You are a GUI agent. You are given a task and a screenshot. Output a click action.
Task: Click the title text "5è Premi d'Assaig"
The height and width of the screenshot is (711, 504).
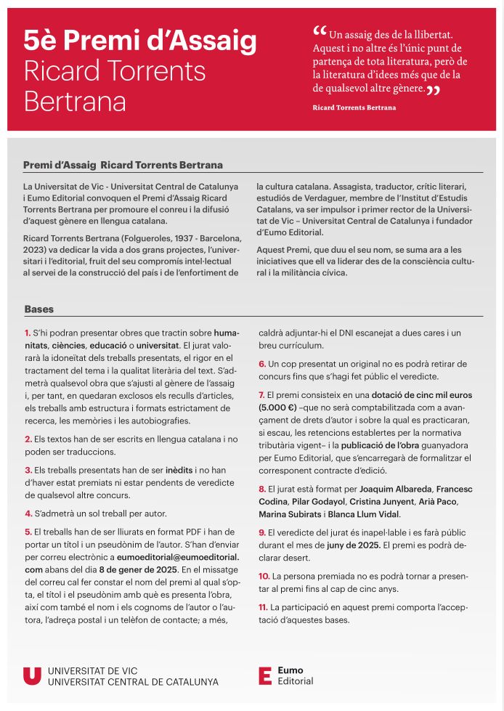[x=140, y=41]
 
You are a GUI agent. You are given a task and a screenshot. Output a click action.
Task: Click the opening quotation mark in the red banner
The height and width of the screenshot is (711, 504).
[x=320, y=33]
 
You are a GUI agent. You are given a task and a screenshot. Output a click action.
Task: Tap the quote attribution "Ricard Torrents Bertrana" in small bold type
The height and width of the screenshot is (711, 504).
[x=354, y=107]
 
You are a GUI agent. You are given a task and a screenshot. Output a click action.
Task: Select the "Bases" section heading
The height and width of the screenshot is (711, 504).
[x=38, y=309]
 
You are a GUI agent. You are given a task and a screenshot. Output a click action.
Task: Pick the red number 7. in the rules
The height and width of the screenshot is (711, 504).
[x=262, y=394]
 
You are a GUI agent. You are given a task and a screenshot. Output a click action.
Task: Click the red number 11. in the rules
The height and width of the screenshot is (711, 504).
[x=264, y=606]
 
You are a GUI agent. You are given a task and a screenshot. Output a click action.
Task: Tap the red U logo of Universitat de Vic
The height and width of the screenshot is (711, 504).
[x=32, y=676]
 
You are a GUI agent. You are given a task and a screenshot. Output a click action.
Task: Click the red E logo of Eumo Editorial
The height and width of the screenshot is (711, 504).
[x=265, y=676]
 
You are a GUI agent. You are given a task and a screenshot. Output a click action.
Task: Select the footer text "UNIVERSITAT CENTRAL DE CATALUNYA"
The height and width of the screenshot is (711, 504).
[x=133, y=683]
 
